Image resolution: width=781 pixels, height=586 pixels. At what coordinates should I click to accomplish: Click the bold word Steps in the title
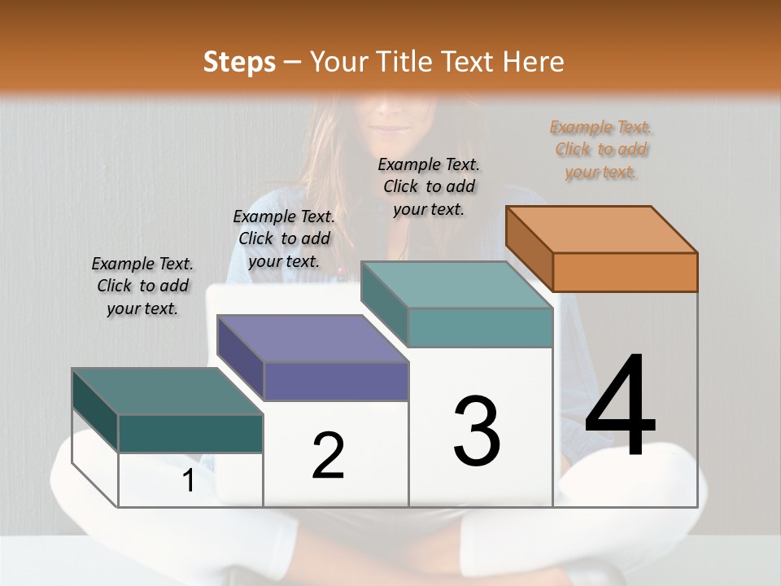239,63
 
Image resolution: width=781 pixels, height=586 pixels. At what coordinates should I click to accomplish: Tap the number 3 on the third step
476,431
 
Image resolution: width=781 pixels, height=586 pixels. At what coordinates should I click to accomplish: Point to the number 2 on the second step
328,456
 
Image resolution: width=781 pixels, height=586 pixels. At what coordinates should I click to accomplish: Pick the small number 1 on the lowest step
189,480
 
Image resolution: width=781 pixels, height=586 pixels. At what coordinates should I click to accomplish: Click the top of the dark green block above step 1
168,391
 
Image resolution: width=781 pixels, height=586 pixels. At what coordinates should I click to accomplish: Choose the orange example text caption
601,150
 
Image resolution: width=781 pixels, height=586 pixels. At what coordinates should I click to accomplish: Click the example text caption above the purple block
284,238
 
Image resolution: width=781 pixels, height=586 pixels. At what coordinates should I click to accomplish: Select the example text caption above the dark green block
142,286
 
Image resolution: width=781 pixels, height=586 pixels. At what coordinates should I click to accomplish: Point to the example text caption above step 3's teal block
429,186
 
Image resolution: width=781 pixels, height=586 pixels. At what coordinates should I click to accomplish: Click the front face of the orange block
625,272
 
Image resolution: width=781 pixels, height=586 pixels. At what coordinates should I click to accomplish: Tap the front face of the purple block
337,381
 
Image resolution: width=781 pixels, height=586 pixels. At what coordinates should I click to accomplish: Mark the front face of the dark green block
190,433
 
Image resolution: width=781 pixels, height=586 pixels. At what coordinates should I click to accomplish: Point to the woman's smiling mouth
394,129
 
